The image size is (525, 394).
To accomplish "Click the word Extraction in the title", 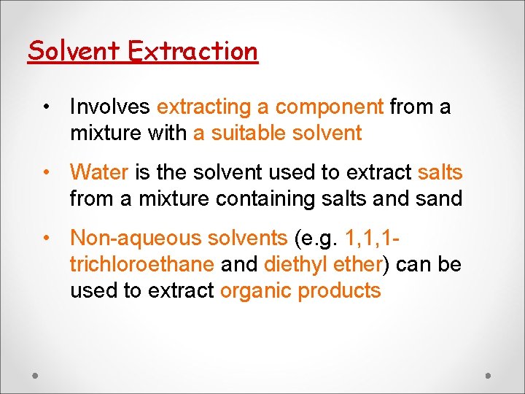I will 192,51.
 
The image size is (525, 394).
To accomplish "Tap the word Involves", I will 110,107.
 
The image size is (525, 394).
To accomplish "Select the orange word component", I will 329,107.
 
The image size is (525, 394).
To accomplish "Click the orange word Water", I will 99,173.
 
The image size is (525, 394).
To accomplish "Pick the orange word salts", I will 440,173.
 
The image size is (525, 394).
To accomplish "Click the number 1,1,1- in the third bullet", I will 374,239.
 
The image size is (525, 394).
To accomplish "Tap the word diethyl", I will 292,265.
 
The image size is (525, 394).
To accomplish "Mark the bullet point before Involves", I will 46,107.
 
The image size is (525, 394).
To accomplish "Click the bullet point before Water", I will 46,173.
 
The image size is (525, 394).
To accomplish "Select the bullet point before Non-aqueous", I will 46,239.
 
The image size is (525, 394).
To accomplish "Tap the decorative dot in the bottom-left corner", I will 36,375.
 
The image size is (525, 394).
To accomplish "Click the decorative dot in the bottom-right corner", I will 489,375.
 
